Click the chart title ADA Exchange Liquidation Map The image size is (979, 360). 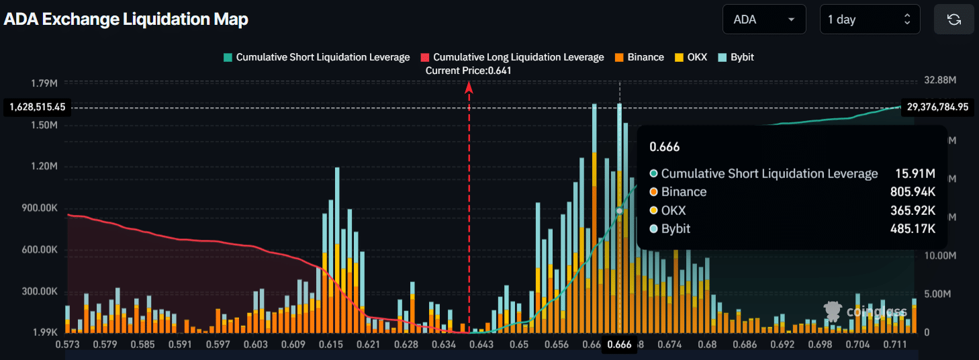point(126,19)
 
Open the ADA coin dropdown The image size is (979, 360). point(763,19)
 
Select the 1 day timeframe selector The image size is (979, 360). point(870,19)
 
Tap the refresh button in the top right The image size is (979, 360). point(953,19)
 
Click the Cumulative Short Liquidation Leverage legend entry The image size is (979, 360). point(316,57)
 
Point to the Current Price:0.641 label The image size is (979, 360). point(469,71)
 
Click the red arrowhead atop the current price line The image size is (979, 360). point(469,87)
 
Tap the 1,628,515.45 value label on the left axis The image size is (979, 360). point(37,107)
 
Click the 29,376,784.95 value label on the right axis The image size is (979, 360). point(937,107)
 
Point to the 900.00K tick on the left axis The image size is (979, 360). point(40,208)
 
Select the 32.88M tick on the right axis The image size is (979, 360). point(940,80)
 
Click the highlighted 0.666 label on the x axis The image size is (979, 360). point(619,345)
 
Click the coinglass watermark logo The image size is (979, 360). point(866,311)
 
